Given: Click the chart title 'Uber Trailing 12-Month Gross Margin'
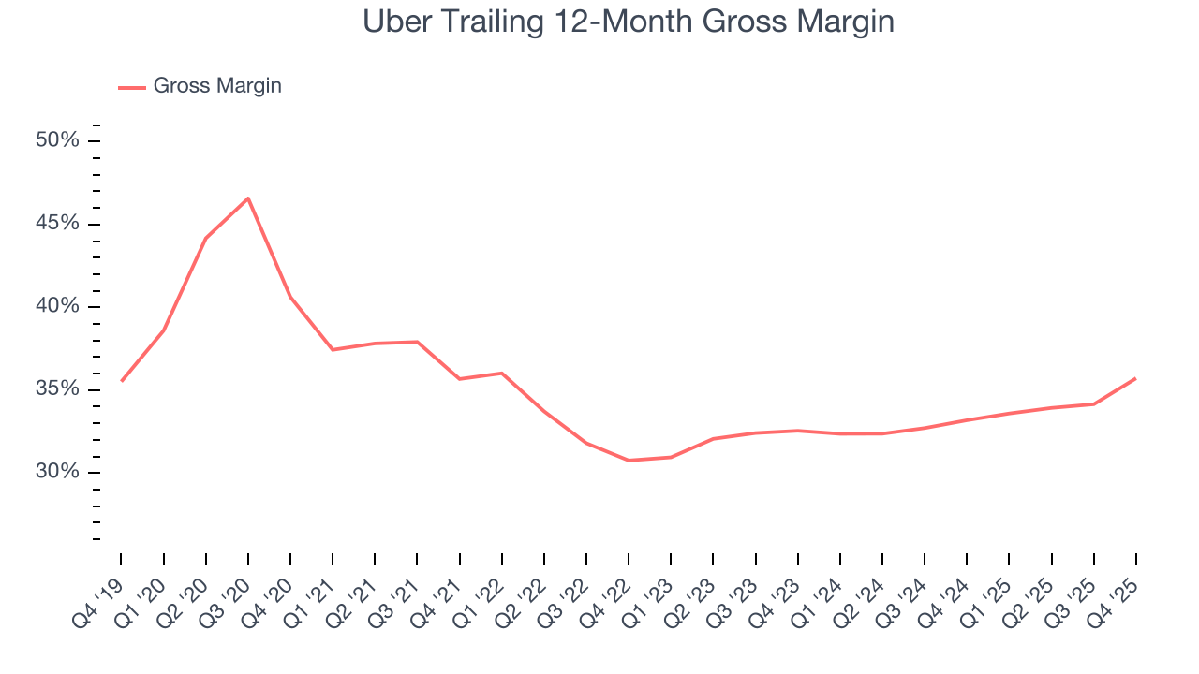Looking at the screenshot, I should (x=629, y=22).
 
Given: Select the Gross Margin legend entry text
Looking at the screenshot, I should (x=217, y=86).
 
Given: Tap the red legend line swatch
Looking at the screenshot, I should (x=131, y=87).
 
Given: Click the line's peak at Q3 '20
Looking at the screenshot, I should (x=248, y=198).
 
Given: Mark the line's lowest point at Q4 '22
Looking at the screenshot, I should (x=629, y=461).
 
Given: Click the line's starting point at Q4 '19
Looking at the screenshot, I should (x=122, y=381).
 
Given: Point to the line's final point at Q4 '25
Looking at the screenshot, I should (x=1136, y=378).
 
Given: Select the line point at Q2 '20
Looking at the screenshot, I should (x=206, y=238).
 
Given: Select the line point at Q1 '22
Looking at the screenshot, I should (x=502, y=374).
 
